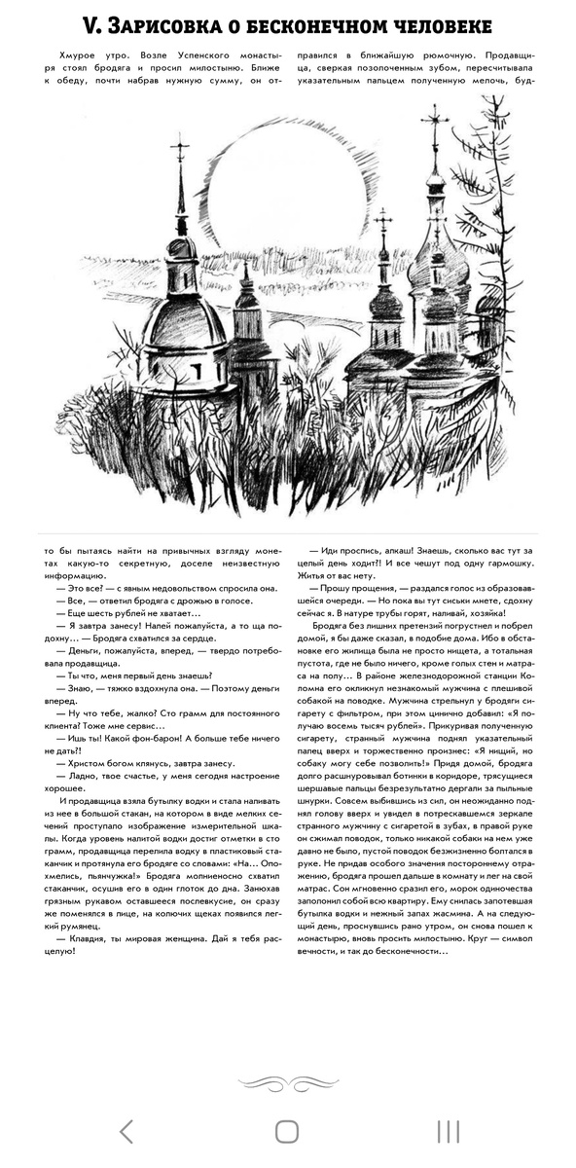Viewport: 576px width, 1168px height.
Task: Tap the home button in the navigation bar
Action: [x=287, y=1131]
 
